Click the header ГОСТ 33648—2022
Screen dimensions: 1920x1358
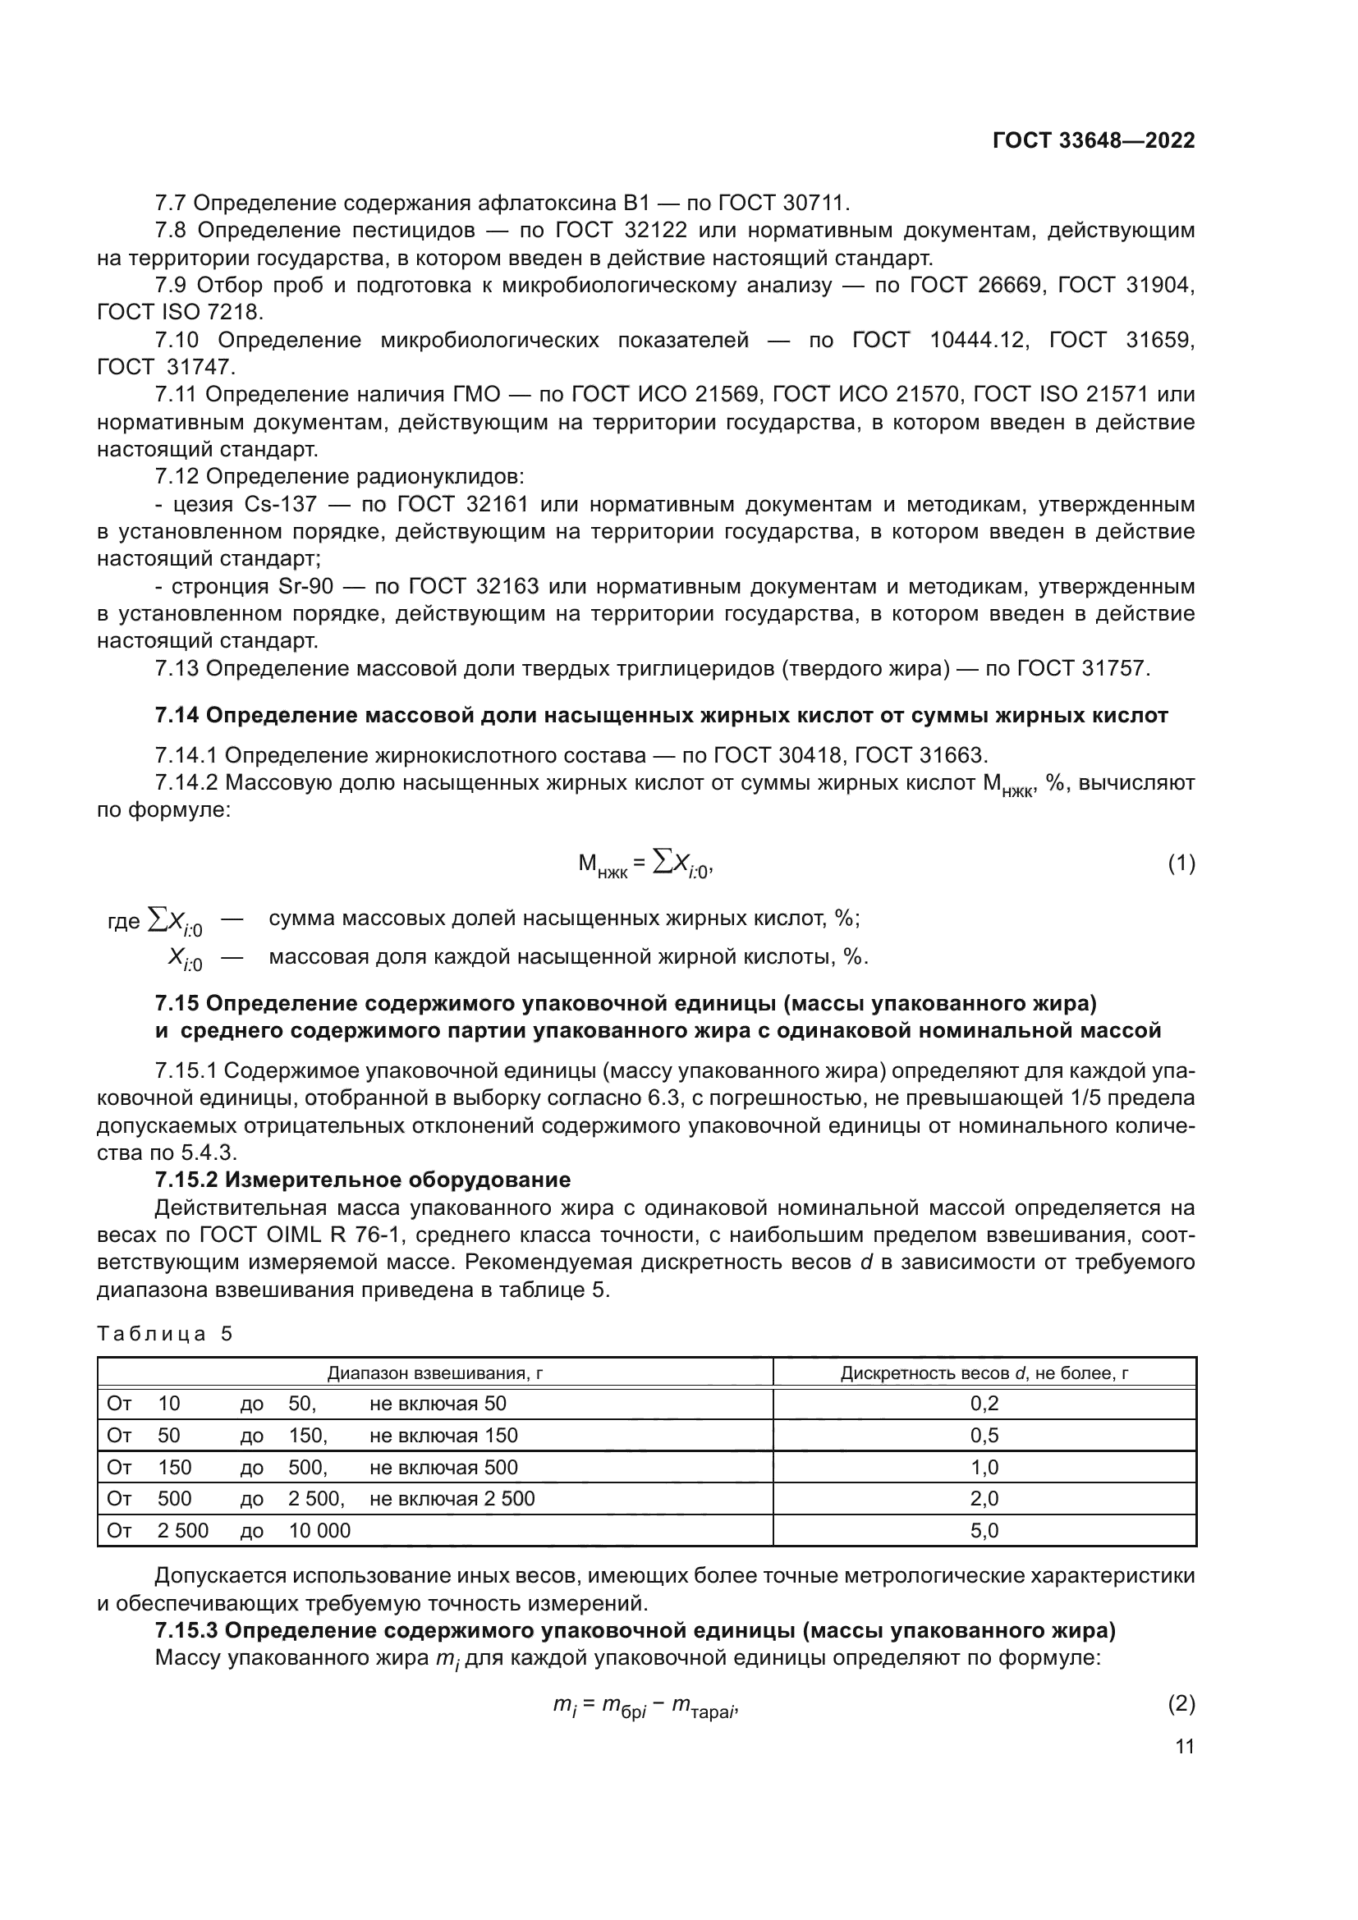pos(1094,140)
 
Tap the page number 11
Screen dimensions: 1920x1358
pos(1184,1746)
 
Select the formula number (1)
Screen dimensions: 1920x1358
pos(1181,864)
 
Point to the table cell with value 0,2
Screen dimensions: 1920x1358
pos(984,1403)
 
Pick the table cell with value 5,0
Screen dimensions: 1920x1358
pos(984,1530)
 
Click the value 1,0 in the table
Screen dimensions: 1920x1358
pos(984,1467)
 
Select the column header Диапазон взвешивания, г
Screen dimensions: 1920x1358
pos(435,1373)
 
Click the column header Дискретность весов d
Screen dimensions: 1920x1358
pos(984,1373)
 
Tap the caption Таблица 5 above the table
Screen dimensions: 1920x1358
pos(165,1333)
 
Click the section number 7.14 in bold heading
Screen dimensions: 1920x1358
pos(177,715)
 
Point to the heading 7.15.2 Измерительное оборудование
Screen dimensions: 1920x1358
pos(363,1180)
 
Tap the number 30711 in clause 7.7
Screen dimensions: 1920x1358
pos(814,204)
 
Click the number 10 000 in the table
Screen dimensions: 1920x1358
pos(319,1531)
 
